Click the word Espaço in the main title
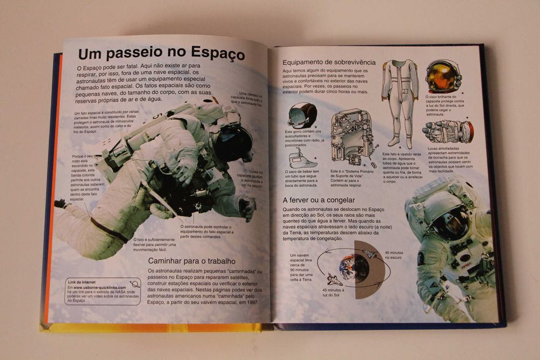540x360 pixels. [x=215, y=55]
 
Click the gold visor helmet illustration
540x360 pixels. [x=443, y=77]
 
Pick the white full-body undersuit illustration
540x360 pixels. [x=400, y=100]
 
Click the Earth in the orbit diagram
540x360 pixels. [x=354, y=267]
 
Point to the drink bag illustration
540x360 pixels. [x=302, y=159]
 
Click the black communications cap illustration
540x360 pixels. [x=302, y=115]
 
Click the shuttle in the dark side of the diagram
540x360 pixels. [x=370, y=254]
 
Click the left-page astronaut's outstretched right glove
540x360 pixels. [x=248, y=207]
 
